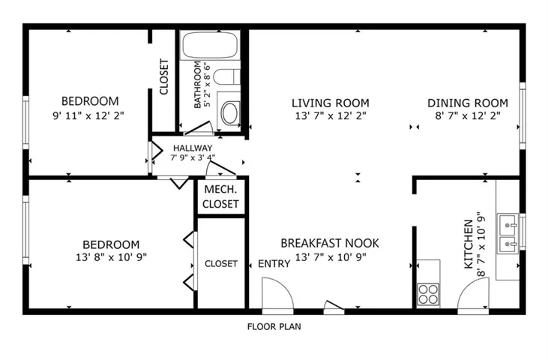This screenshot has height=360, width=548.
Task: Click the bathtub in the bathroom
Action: click(210, 45)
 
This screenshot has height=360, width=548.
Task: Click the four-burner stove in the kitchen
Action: click(429, 294)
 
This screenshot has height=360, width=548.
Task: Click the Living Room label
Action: click(331, 103)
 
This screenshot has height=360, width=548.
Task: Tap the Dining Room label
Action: click(468, 103)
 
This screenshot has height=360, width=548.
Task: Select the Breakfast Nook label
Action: click(330, 243)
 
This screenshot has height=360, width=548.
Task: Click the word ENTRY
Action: click(274, 263)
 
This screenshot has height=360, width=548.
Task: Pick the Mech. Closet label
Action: click(220, 196)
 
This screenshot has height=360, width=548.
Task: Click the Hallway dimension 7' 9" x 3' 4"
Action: click(193, 157)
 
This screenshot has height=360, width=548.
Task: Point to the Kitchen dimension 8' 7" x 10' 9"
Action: click(481, 244)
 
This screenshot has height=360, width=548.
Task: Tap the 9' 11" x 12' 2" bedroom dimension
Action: click(88, 115)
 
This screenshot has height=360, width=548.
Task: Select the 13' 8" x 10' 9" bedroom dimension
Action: click(111, 257)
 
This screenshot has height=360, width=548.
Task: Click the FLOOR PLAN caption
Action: click(274, 327)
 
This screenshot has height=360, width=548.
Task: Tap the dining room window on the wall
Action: click(523, 116)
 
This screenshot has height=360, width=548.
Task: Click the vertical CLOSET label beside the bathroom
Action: click(163, 77)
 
